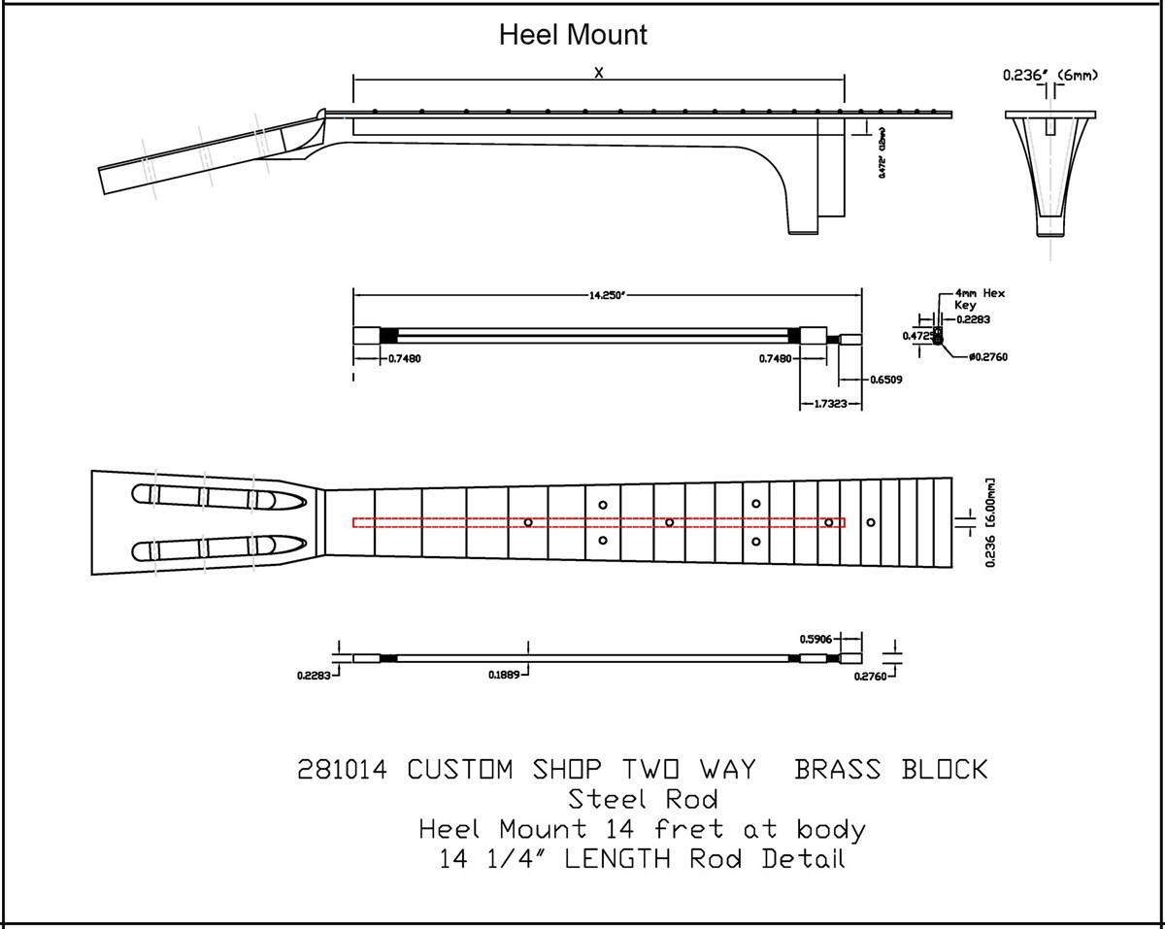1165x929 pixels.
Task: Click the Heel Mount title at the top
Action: (x=572, y=36)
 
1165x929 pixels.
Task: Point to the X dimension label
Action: (x=599, y=72)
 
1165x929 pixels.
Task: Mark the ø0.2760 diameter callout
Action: (x=988, y=357)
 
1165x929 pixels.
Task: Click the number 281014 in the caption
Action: (x=342, y=770)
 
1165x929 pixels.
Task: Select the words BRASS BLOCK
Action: (x=890, y=770)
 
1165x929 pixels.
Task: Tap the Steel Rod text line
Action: (x=643, y=800)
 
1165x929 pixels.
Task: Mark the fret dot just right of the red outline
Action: (x=871, y=522)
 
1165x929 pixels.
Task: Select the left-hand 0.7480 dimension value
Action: (x=404, y=358)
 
